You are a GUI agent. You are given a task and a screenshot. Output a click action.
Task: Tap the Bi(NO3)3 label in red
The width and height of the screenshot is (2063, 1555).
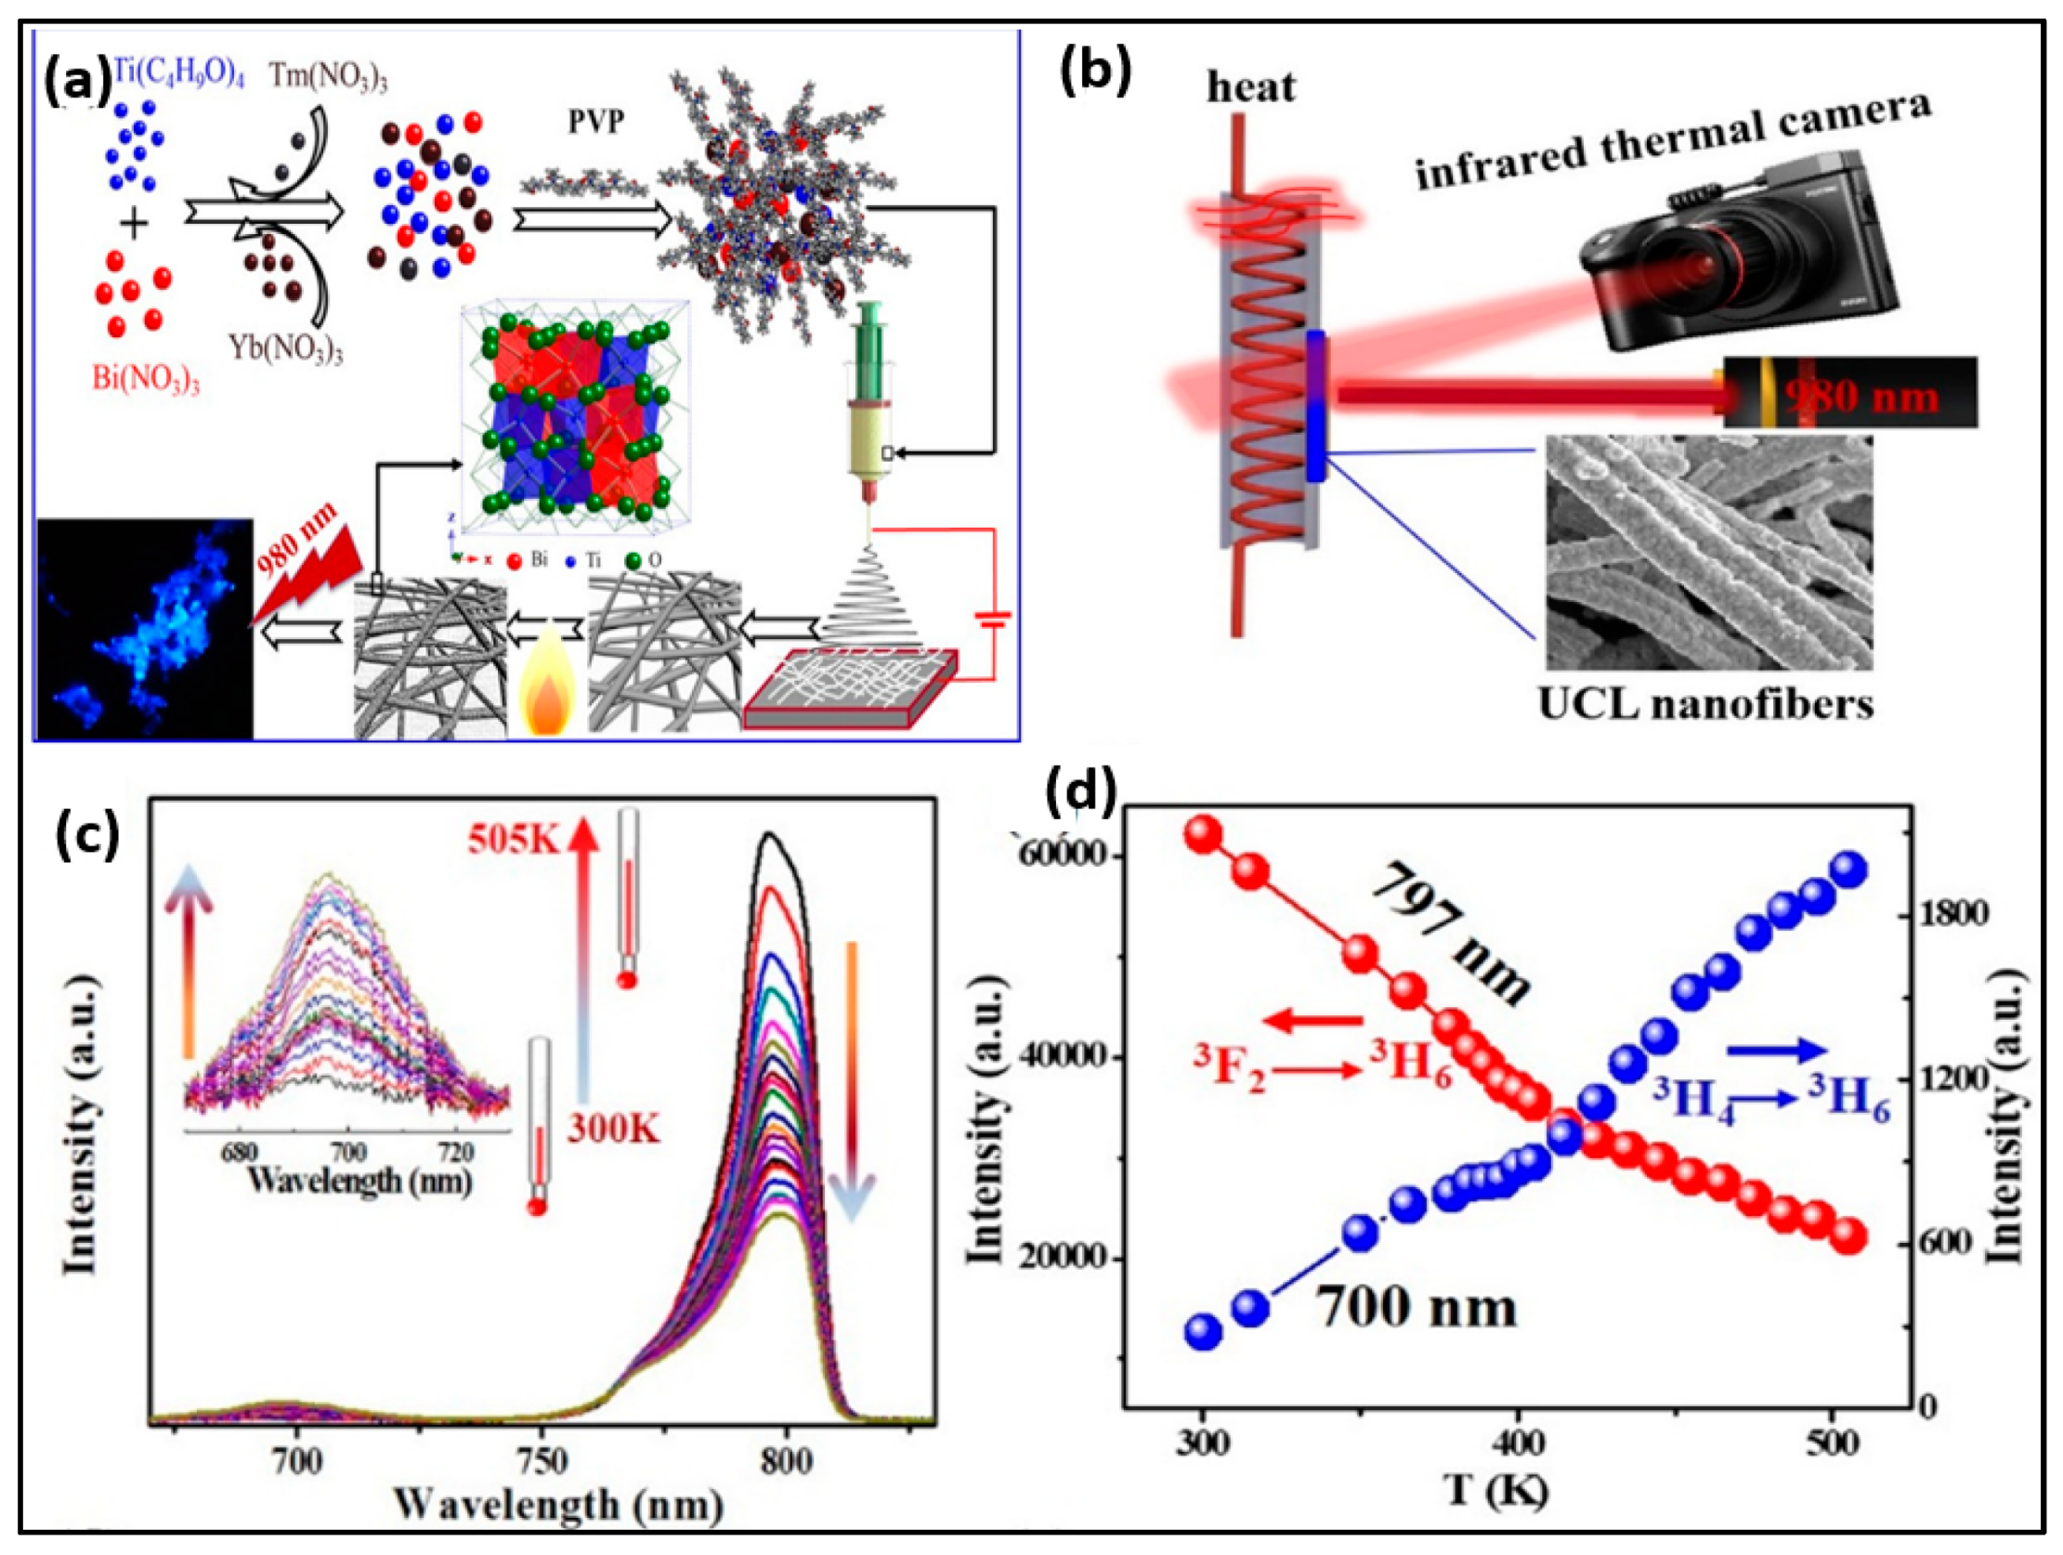146,381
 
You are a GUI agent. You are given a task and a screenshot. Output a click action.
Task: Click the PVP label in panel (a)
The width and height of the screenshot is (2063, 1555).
596,123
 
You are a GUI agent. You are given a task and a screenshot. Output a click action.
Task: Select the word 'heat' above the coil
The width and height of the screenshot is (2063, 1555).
1250,86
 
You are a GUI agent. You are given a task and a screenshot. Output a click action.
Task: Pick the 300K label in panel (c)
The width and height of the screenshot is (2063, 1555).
615,1130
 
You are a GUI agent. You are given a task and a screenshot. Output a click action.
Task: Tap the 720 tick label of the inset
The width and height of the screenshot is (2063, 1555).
457,1152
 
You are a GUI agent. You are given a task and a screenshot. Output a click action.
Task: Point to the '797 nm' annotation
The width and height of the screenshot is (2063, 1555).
1450,933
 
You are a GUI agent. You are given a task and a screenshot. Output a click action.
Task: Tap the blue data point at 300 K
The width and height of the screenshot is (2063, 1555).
1203,1331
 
